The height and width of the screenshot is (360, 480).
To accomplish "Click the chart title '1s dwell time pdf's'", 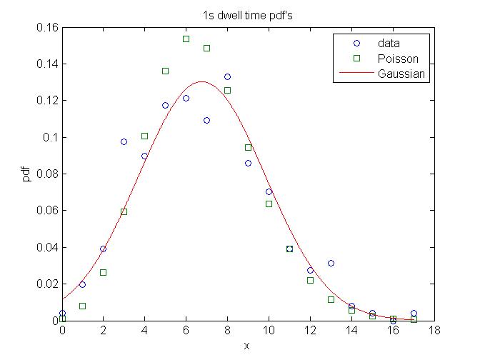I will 247,16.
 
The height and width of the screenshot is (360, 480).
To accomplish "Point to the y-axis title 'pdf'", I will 26,174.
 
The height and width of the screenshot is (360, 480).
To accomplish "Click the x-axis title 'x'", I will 247,346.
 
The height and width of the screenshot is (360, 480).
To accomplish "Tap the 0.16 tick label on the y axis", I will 46,27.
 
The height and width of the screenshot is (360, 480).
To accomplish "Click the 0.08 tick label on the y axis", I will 46,174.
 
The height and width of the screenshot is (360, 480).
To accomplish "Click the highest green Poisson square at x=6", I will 186,39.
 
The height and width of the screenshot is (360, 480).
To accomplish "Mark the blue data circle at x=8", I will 227,76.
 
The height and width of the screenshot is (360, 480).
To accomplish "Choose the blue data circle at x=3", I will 124,141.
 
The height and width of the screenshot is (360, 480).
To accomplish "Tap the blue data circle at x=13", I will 331,263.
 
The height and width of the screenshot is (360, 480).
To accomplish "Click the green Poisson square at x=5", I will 165,71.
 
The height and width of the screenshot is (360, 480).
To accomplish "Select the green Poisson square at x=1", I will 82,306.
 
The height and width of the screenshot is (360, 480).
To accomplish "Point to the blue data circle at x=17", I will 414,313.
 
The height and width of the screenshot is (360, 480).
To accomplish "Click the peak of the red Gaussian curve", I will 201,81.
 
